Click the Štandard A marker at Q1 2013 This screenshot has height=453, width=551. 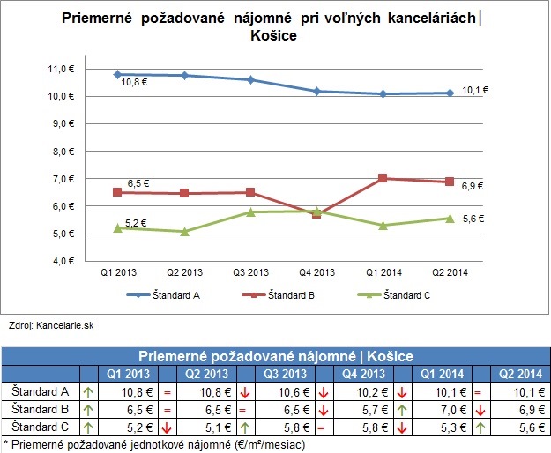point(118,75)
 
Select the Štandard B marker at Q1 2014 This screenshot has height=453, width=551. point(383,178)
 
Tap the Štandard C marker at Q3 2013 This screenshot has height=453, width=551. point(251,212)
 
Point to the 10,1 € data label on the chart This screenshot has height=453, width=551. point(473,89)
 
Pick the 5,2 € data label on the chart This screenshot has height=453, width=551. point(136,223)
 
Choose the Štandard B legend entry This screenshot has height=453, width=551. point(294,296)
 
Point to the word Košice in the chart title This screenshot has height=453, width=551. point(273,37)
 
